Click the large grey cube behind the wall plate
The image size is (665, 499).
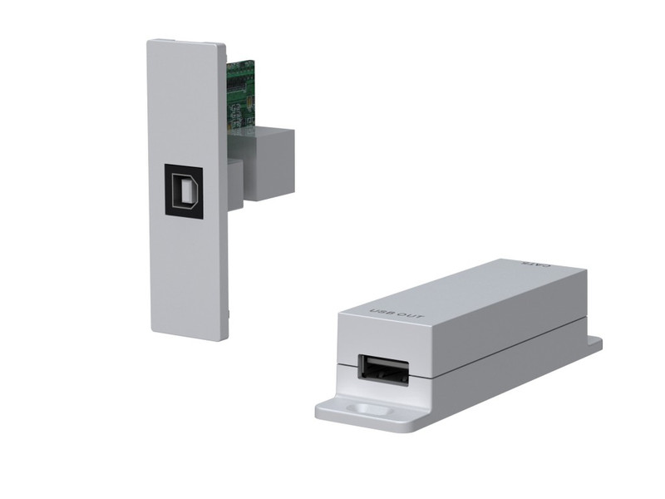point(270,162)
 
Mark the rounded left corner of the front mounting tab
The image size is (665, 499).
point(321,413)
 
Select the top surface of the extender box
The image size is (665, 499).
point(465,291)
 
